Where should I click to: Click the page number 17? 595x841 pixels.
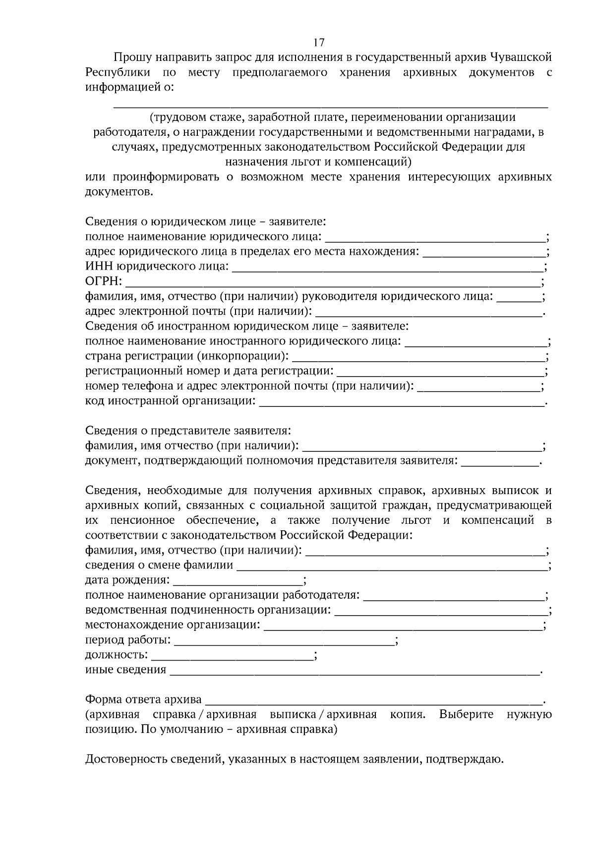point(319,42)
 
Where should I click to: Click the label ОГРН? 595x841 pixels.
point(104,282)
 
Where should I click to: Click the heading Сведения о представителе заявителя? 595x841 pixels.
point(188,431)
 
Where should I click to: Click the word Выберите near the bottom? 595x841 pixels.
point(466,715)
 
